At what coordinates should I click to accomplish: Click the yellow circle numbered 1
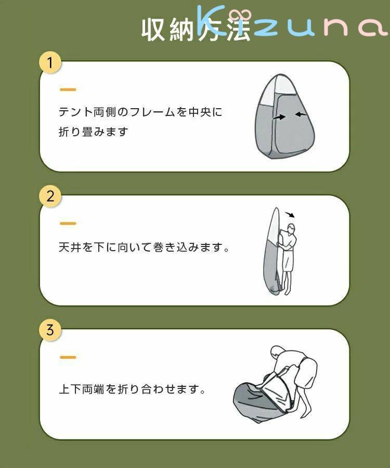50,63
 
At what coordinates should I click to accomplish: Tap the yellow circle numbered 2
50,197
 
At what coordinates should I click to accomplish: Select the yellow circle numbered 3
50,330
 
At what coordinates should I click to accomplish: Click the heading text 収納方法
196,30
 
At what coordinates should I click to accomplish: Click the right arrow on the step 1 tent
301,114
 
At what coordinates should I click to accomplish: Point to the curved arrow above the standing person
290,215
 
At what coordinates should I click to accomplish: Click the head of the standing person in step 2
291,229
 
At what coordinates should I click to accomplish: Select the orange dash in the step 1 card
68,89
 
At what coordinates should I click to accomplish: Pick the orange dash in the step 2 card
68,223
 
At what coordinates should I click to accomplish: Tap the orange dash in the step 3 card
68,357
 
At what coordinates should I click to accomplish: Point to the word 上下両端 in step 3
81,389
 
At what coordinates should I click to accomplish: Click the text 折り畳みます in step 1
94,132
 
